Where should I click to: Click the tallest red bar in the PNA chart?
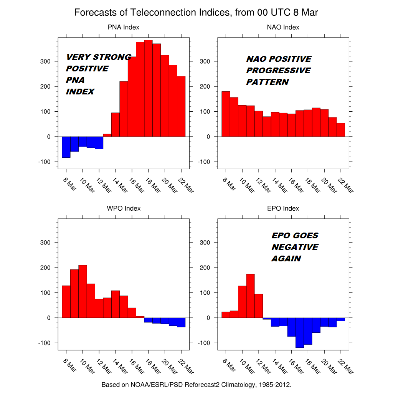pyautogui.click(x=148, y=88)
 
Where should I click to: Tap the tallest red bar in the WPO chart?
pyautogui.click(x=83, y=291)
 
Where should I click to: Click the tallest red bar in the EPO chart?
pyautogui.click(x=250, y=296)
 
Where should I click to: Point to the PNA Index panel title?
pyautogui.click(x=123, y=27)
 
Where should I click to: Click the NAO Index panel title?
pyautogui.click(x=283, y=27)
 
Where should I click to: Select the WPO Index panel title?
pyautogui.click(x=123, y=208)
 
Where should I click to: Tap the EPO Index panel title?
pyautogui.click(x=283, y=208)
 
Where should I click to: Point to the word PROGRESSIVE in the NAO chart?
pyautogui.click(x=278, y=71)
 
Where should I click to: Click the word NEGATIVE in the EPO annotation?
pyautogui.click(x=295, y=247)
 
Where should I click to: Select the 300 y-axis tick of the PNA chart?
pyautogui.click(x=46, y=61)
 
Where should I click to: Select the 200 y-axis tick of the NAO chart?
pyautogui.click(x=205, y=86)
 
